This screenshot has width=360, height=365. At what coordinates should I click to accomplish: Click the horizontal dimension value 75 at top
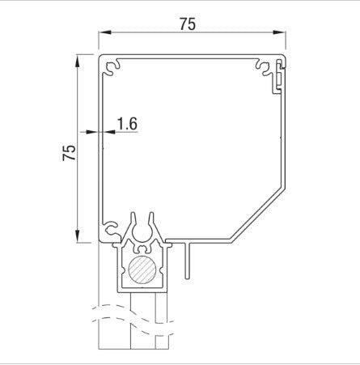[188, 24]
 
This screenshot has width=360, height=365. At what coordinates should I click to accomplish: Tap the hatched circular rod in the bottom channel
[142, 270]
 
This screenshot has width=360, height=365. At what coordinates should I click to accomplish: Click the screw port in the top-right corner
[265, 65]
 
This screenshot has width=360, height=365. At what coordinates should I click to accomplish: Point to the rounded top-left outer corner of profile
[100, 57]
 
